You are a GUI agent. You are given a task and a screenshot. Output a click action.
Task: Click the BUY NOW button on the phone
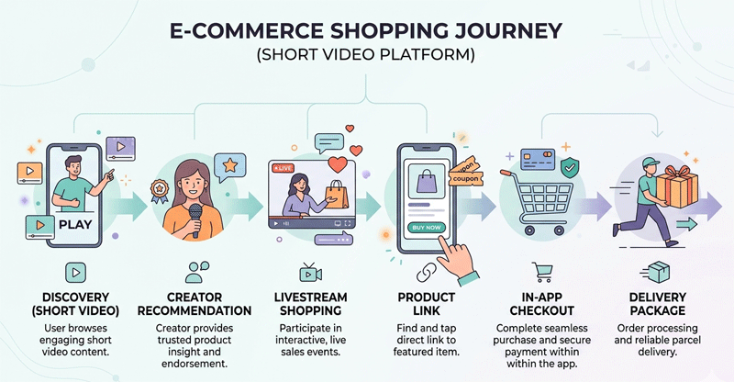click(x=428, y=227)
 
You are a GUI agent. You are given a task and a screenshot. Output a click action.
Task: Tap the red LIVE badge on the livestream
click(x=283, y=168)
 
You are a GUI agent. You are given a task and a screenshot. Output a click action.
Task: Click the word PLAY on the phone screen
click(x=72, y=223)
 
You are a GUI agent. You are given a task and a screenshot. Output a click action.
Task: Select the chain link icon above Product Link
click(x=427, y=273)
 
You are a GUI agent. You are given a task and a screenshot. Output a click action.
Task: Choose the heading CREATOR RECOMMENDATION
click(x=196, y=304)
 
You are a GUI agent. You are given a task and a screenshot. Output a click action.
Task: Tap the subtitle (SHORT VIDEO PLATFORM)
click(x=367, y=56)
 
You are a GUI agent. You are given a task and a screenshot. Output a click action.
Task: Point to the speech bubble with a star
click(x=228, y=165)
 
